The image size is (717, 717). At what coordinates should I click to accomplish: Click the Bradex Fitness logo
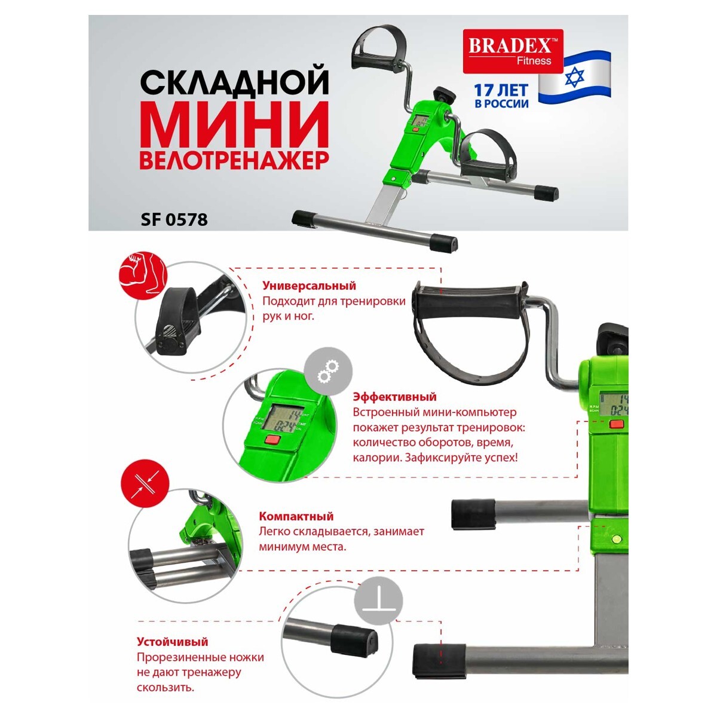click(x=513, y=51)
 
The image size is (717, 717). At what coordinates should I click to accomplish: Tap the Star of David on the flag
click(x=574, y=77)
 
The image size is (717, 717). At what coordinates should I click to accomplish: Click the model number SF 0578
click(x=174, y=219)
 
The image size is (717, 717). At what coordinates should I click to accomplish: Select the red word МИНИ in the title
click(x=234, y=124)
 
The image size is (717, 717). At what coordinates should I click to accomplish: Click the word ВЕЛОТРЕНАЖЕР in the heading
click(x=234, y=160)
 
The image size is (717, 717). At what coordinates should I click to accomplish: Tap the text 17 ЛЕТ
click(x=501, y=90)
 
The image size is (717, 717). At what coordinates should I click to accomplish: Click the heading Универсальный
click(x=309, y=286)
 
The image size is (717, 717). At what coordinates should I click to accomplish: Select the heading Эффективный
click(x=394, y=397)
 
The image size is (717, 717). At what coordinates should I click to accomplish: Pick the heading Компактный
click(x=296, y=516)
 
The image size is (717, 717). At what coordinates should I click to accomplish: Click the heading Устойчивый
click(x=172, y=642)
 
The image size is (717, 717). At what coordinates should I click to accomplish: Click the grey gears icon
click(x=328, y=371)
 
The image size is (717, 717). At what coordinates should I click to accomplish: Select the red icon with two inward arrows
click(x=145, y=484)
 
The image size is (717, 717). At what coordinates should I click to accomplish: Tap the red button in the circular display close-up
click(x=272, y=440)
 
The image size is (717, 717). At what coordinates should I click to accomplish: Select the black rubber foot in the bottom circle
click(x=354, y=640)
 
